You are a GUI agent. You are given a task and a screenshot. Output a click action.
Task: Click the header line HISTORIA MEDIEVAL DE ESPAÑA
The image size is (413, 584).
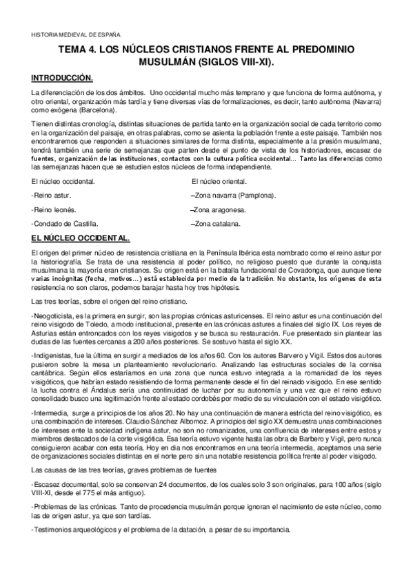click(x=77, y=33)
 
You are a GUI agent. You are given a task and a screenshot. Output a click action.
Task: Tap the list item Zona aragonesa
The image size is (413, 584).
click(x=218, y=210)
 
